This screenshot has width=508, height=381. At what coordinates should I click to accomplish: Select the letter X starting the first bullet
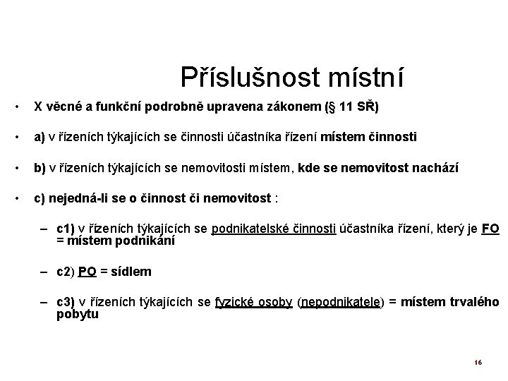click(38, 107)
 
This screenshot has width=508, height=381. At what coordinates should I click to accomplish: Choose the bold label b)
click(41, 168)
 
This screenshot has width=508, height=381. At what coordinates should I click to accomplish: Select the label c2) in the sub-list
click(66, 271)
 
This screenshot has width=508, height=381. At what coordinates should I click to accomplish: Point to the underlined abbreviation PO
click(87, 271)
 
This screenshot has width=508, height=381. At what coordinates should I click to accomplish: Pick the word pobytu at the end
click(78, 314)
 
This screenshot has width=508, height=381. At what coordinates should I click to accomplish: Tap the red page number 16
click(478, 363)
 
